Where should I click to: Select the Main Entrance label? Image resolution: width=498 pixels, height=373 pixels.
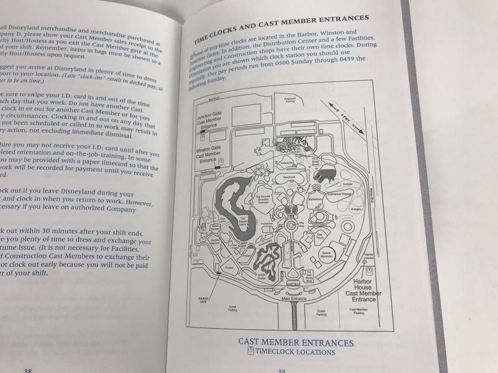tap(293, 299)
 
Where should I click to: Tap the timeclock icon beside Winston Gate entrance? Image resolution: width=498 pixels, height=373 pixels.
tap(221, 160)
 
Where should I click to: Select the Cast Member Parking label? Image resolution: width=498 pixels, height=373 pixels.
tap(359, 311)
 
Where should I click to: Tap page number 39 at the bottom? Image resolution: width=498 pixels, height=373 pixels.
tap(282, 370)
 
